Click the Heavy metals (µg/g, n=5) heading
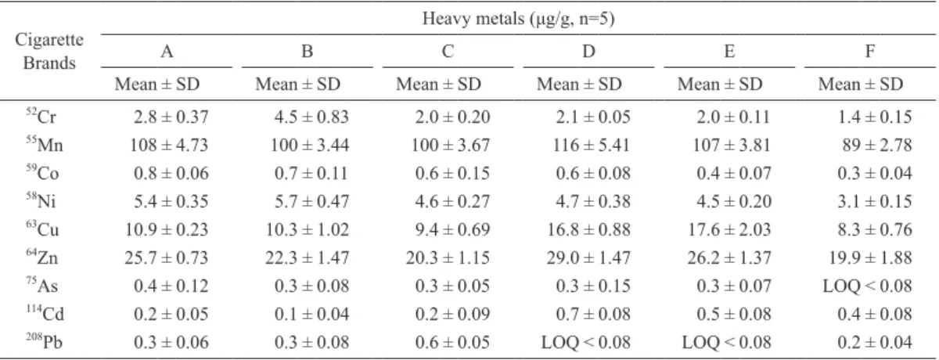point(518,19)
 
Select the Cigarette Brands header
point(49,51)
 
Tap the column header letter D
point(588,51)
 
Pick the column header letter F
point(870,51)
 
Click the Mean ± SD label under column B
point(297,85)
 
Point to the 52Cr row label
point(41,116)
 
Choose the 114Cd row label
point(45,313)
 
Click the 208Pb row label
point(44,341)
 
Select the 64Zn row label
point(42,257)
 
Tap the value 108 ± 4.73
point(169,145)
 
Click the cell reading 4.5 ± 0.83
point(311,117)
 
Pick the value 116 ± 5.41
point(591,145)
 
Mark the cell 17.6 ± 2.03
point(729,229)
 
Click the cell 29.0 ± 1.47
point(588,257)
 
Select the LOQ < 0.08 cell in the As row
point(867,286)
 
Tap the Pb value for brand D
point(585,342)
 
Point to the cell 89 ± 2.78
point(877,145)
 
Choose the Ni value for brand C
point(452,202)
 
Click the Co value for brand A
point(171,173)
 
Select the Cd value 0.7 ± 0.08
point(593,314)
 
